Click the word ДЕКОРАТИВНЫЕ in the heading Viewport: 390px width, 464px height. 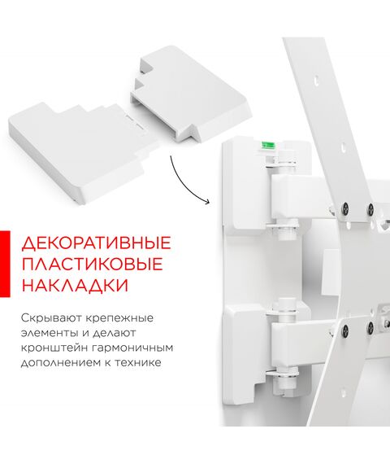click(97, 243)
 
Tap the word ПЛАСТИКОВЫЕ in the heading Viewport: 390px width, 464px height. click(93, 265)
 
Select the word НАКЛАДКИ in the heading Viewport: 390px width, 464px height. click(76, 285)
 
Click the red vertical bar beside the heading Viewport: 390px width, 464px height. click(5, 264)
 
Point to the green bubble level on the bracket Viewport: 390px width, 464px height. click(267, 145)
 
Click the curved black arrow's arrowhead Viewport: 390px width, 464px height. click(206, 202)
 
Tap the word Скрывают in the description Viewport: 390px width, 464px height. click(50, 318)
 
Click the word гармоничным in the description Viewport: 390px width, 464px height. click(132, 348)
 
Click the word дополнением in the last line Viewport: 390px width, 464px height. click(60, 363)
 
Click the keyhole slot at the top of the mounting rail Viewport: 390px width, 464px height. click(316, 80)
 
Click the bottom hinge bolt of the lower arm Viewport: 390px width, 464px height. click(284, 382)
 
